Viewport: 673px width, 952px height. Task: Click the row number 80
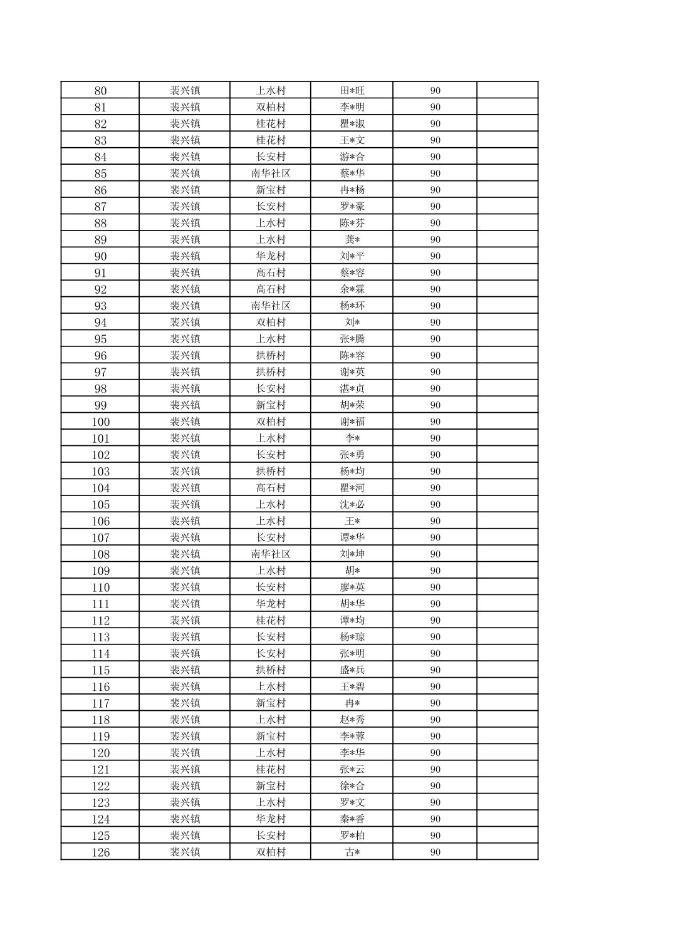100,91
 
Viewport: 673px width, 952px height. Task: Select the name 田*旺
352,91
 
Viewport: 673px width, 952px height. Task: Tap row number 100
100,422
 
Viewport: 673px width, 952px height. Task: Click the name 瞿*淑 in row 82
352,124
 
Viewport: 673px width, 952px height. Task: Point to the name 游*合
352,157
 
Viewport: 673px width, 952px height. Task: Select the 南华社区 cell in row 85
271,173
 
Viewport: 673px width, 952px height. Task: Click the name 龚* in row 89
352,240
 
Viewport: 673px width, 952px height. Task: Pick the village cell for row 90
271,256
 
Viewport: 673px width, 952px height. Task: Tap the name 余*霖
352,289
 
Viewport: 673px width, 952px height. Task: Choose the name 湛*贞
352,389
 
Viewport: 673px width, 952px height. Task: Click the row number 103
100,472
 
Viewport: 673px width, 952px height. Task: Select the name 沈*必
352,505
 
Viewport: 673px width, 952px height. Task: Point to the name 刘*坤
352,554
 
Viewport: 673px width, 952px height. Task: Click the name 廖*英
352,587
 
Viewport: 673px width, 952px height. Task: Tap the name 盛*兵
352,670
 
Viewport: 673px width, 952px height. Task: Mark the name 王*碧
352,687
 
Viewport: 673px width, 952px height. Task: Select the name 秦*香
352,819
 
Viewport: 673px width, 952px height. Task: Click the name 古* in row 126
352,852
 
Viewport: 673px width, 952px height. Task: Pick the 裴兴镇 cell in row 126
185,852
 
